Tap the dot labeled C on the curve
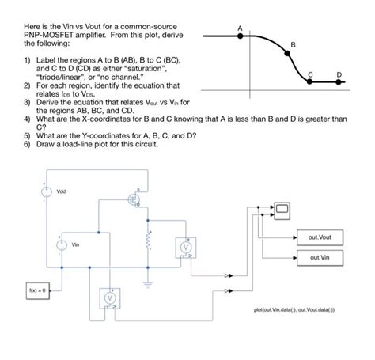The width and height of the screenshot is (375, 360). [x=311, y=81]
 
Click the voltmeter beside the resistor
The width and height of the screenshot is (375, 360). [x=187, y=248]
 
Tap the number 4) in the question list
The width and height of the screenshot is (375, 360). [x=28, y=118]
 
